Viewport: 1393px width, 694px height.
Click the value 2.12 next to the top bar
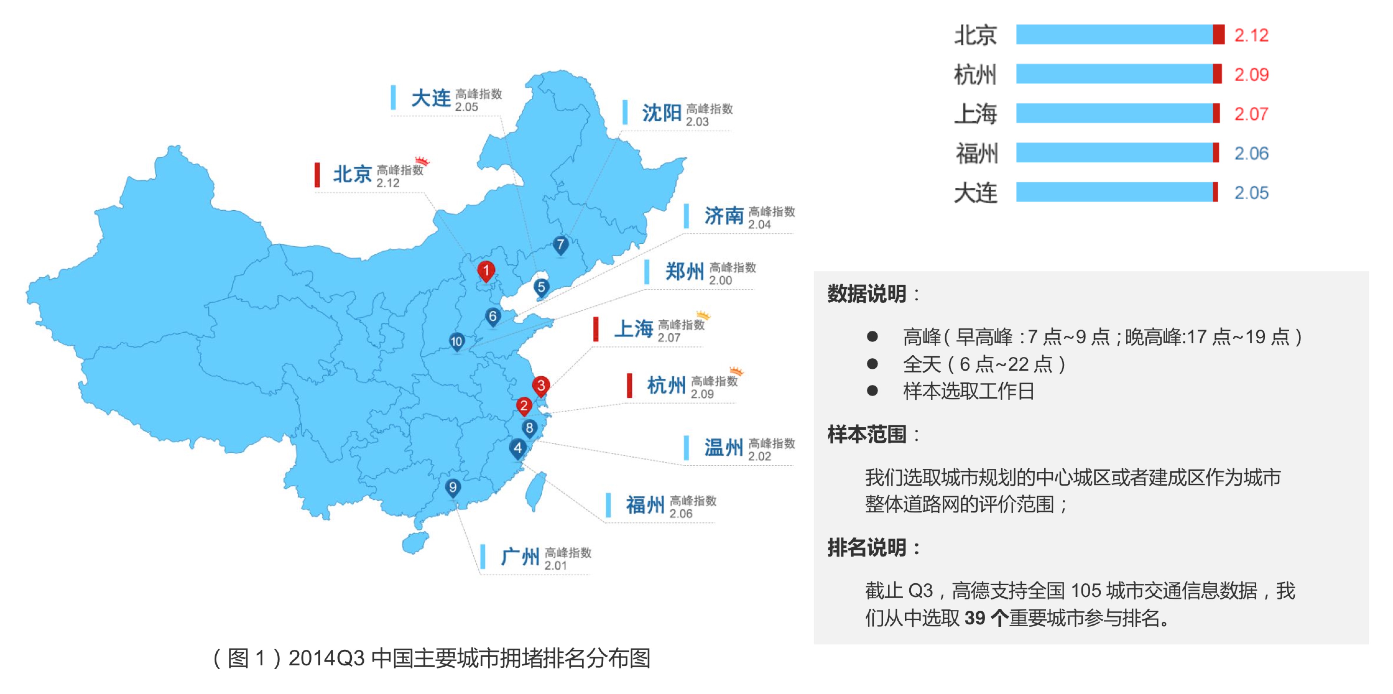coord(1251,35)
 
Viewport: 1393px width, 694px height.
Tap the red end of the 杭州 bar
coord(1217,74)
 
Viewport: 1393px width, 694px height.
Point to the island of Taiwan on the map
coord(535,491)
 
